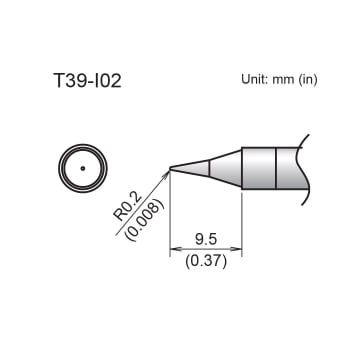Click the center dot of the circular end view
pos(80,167)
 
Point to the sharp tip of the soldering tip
pos(171,168)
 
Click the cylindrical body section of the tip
pos(258,168)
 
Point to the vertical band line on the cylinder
pos(275,168)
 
